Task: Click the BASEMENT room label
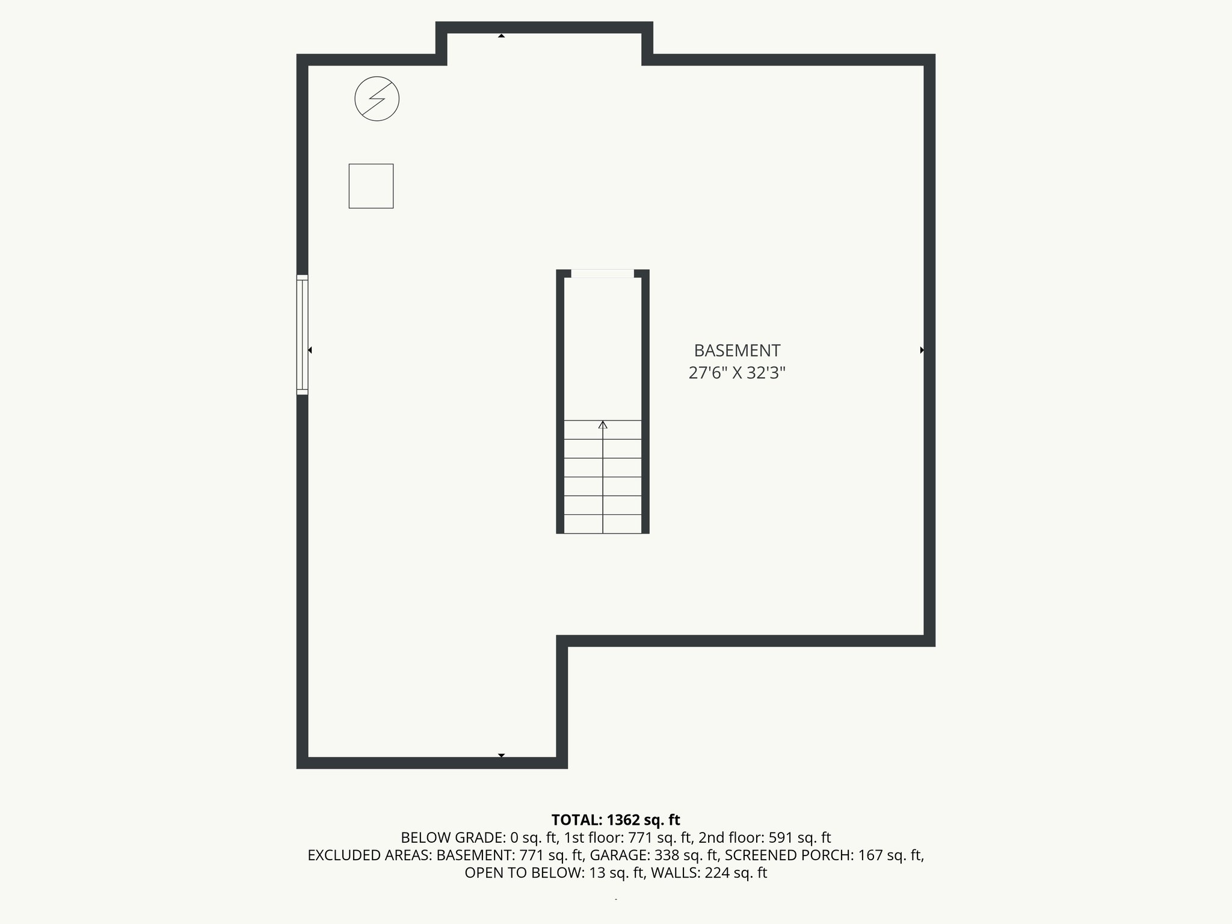point(737,351)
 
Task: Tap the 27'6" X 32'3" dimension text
point(737,374)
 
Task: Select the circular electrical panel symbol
point(377,99)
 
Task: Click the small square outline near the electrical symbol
point(371,186)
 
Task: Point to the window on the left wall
point(302,335)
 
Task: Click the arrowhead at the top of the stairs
point(603,425)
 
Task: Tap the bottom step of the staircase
point(603,524)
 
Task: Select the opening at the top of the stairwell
point(602,274)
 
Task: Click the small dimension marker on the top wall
point(501,36)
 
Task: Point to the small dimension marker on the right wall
point(922,350)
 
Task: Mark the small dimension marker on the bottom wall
point(501,755)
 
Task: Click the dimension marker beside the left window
point(310,350)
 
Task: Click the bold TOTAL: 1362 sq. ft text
point(615,820)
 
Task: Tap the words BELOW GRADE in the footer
point(454,838)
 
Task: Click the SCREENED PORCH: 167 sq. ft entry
point(824,855)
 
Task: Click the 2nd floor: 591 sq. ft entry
point(765,838)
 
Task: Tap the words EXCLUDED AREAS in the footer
point(370,855)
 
